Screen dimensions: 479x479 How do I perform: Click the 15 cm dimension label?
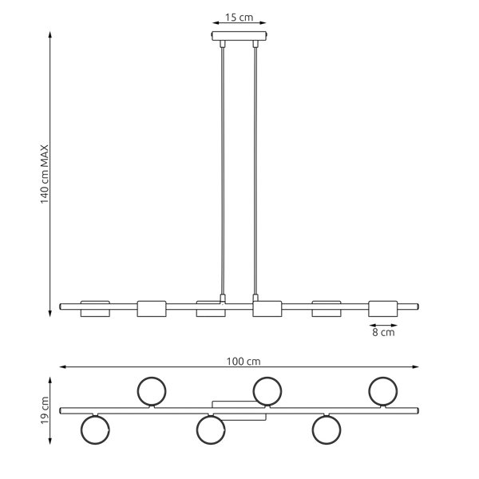point(239,18)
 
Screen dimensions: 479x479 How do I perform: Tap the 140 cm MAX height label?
point(45,174)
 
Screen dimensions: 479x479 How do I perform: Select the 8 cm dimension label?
point(383,332)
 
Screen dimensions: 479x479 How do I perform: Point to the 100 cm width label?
point(243,362)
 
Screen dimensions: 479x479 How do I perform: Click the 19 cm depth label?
point(45,410)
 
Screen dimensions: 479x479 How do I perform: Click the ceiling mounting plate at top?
point(239,36)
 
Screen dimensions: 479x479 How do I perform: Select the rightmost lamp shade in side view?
point(383,308)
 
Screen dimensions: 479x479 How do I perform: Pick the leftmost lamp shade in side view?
point(95,308)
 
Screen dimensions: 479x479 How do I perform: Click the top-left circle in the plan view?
point(152,391)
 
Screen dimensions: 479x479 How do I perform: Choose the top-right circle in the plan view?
point(383,391)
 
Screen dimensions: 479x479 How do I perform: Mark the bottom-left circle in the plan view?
point(95,430)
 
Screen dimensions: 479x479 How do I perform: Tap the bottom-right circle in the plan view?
point(327,430)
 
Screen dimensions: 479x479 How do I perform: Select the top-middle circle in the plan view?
point(267,391)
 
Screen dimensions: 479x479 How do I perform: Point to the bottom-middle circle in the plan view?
point(211,430)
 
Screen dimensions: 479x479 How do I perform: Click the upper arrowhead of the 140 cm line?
point(50,34)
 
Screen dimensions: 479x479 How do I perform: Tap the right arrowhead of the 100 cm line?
point(415,367)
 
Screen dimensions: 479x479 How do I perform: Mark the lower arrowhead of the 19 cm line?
point(50,441)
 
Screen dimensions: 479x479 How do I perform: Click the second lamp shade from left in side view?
point(152,308)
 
